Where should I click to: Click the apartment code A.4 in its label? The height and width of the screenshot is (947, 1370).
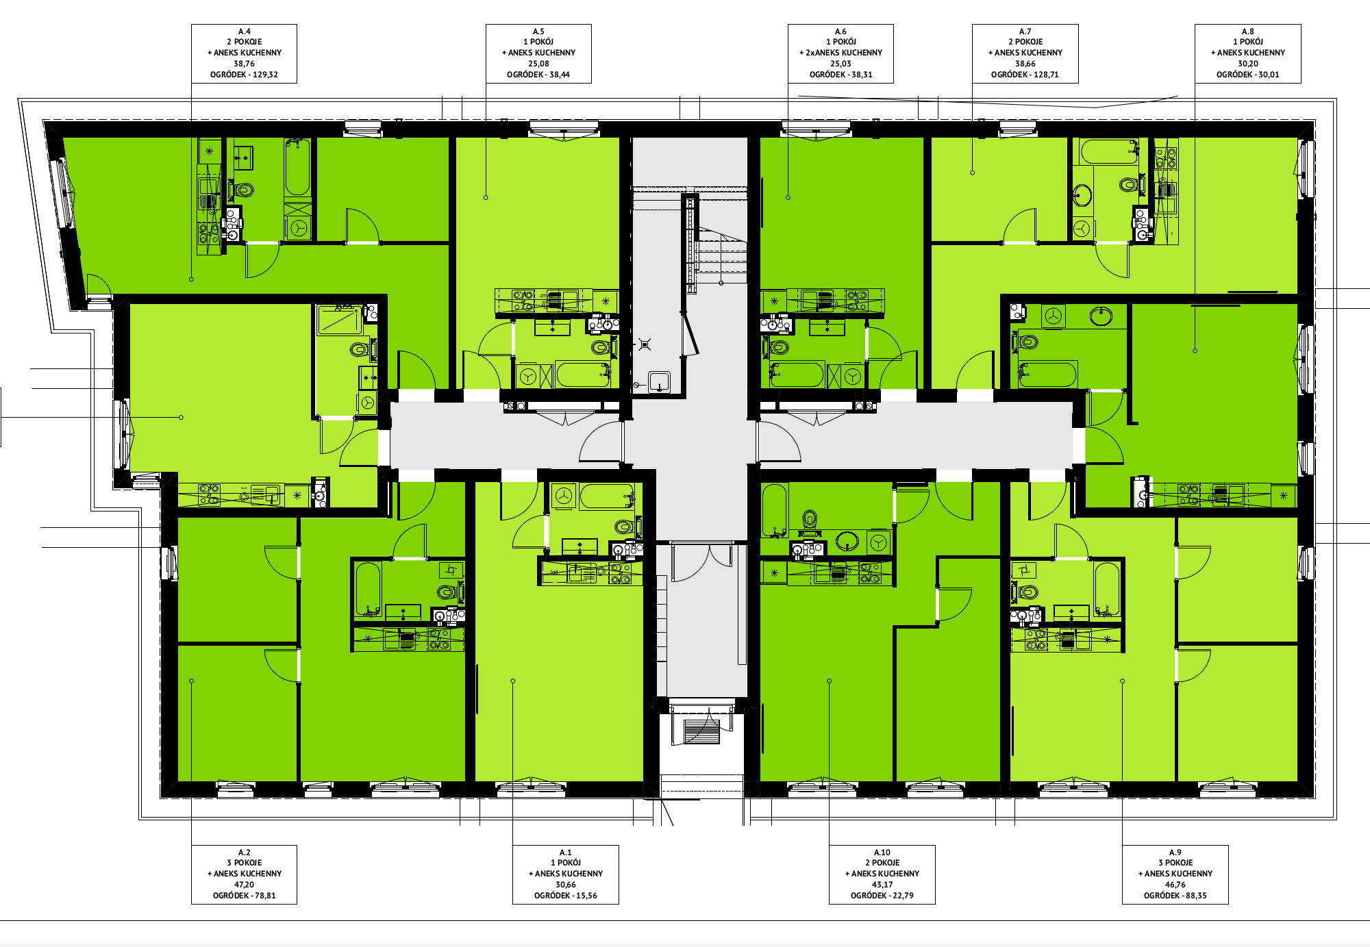click(x=244, y=31)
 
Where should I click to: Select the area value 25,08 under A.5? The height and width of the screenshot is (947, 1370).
click(x=538, y=64)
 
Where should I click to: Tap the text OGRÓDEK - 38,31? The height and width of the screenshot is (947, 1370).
click(x=840, y=75)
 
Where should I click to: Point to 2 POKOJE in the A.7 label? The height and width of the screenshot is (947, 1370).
click(x=1025, y=42)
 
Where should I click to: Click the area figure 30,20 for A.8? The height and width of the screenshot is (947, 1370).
click(x=1247, y=64)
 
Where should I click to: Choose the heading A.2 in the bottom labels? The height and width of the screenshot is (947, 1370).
click(x=244, y=853)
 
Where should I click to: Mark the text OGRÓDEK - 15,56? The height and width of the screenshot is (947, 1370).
click(x=565, y=896)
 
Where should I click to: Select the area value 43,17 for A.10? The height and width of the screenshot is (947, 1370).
click(x=882, y=885)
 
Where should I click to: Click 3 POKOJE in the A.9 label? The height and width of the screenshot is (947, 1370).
click(x=1175, y=863)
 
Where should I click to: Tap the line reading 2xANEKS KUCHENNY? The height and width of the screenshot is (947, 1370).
click(x=840, y=53)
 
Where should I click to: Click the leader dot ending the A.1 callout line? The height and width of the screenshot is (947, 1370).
click(x=512, y=681)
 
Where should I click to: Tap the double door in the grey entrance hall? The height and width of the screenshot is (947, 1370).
click(x=701, y=563)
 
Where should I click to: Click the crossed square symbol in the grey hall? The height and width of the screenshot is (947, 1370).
click(x=644, y=344)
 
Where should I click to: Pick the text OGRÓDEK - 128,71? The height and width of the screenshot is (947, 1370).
click(x=1025, y=75)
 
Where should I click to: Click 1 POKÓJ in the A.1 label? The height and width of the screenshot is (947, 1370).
click(x=565, y=863)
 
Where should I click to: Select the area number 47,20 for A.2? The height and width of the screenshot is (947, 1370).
click(x=244, y=885)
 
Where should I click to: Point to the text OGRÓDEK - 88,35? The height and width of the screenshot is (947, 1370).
click(x=1175, y=896)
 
